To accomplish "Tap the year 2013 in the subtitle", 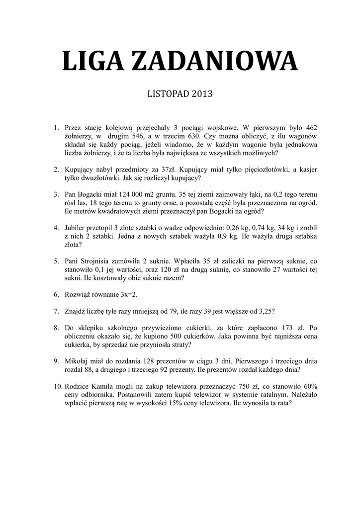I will [200, 93].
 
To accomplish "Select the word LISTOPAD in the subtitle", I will [167, 93].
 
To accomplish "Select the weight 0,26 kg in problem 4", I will [238, 227].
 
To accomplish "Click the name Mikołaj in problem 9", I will [79, 361].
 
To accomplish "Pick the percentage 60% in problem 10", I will [308, 386].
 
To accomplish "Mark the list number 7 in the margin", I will [57, 311].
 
